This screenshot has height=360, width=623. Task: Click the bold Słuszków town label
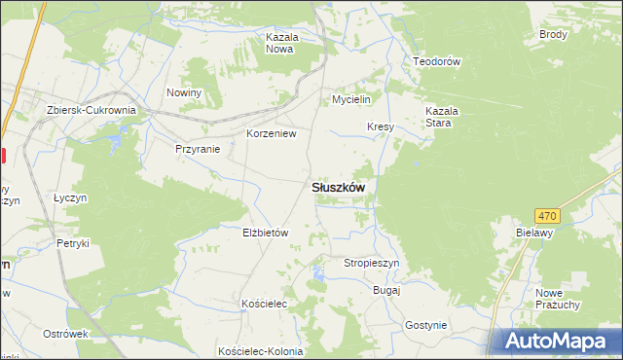tap(338, 188)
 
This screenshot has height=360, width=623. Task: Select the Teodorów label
tap(436, 60)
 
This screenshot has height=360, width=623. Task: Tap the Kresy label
tap(380, 127)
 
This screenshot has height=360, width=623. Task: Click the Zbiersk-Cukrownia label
tap(91, 110)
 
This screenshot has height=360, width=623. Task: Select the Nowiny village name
tap(183, 92)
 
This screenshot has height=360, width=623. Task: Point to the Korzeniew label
tap(271, 133)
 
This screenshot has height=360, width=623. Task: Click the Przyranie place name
tap(198, 149)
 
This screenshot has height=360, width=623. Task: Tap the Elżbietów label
tap(266, 234)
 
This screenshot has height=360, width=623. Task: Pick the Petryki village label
tap(73, 243)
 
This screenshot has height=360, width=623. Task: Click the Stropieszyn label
tap(372, 263)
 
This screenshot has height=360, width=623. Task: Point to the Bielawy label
tap(534, 234)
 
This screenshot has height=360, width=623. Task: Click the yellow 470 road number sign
tap(547, 215)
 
